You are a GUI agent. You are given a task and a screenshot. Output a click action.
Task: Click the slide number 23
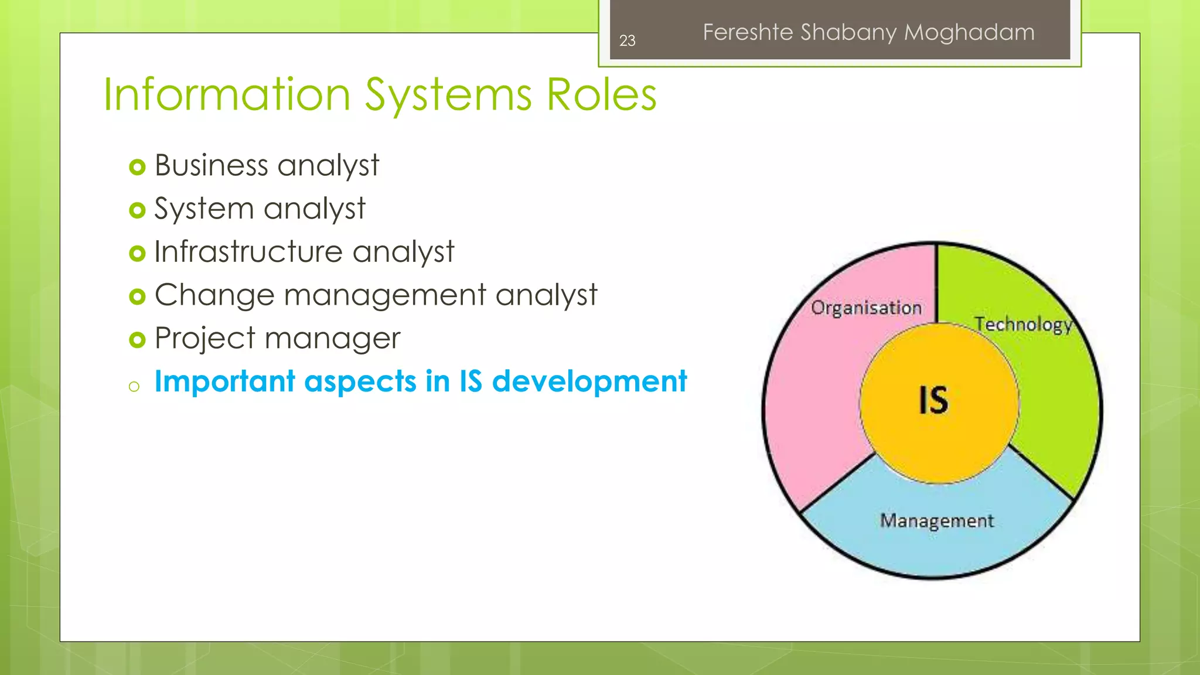[x=627, y=40]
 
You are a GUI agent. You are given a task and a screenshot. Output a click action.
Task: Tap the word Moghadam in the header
[x=969, y=32]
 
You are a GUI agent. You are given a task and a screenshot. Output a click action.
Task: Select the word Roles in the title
[x=601, y=95]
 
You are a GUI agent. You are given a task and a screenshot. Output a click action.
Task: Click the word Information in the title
[x=227, y=95]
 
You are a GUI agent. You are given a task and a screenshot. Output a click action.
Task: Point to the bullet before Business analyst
[x=137, y=168]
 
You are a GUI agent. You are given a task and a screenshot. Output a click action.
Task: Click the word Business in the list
[x=211, y=165]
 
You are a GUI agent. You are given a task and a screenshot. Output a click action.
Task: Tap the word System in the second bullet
[x=204, y=209]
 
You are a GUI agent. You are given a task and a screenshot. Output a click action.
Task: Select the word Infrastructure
[x=248, y=252]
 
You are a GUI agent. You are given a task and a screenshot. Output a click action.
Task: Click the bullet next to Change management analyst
[x=137, y=296]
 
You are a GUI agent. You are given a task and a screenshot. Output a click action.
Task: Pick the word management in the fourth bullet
[x=385, y=295]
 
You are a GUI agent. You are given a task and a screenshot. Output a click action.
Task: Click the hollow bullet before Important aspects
[x=134, y=386]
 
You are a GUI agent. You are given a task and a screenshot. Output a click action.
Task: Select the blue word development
[x=589, y=382]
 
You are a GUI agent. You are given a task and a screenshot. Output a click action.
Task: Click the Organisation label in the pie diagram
[x=866, y=308]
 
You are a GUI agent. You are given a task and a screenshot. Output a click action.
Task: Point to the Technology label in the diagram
[x=1023, y=324]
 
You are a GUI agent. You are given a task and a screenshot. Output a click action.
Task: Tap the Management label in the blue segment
[x=936, y=520]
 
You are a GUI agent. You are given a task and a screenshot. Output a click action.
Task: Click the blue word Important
[x=224, y=382]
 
